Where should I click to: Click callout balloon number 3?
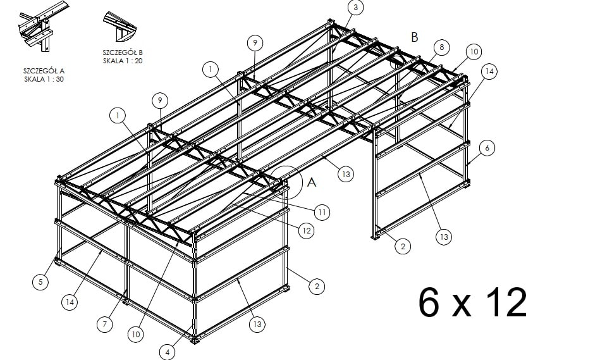coord(356,8)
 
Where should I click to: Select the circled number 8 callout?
coord(441,47)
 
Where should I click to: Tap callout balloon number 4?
coord(167,352)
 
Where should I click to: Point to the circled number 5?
coord(40,282)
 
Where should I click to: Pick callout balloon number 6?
coord(487,148)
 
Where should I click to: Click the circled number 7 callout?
coord(104,325)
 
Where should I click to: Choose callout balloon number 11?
coord(322,212)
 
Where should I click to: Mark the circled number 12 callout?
coord(306,231)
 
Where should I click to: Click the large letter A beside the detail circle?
coord(312,182)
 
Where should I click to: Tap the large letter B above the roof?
coord(414,37)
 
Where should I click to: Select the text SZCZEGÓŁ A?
coord(44,71)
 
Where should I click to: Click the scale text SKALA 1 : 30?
coord(44,79)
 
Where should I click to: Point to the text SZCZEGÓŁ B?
coord(123,53)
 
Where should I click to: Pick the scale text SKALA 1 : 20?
coord(123,61)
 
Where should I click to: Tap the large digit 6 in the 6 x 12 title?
coord(429,302)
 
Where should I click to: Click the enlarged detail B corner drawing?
coord(119,27)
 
